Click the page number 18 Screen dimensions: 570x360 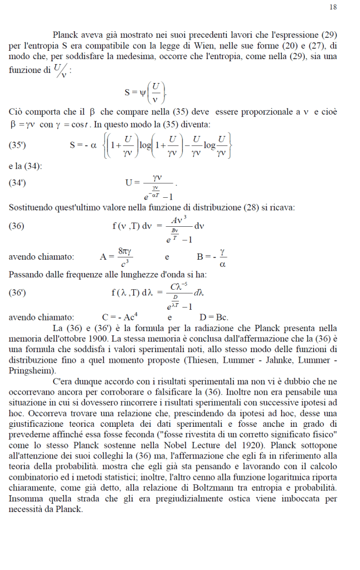point(333,7)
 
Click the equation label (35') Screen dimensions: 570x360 point(18,145)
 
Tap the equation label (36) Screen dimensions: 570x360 point(16,226)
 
